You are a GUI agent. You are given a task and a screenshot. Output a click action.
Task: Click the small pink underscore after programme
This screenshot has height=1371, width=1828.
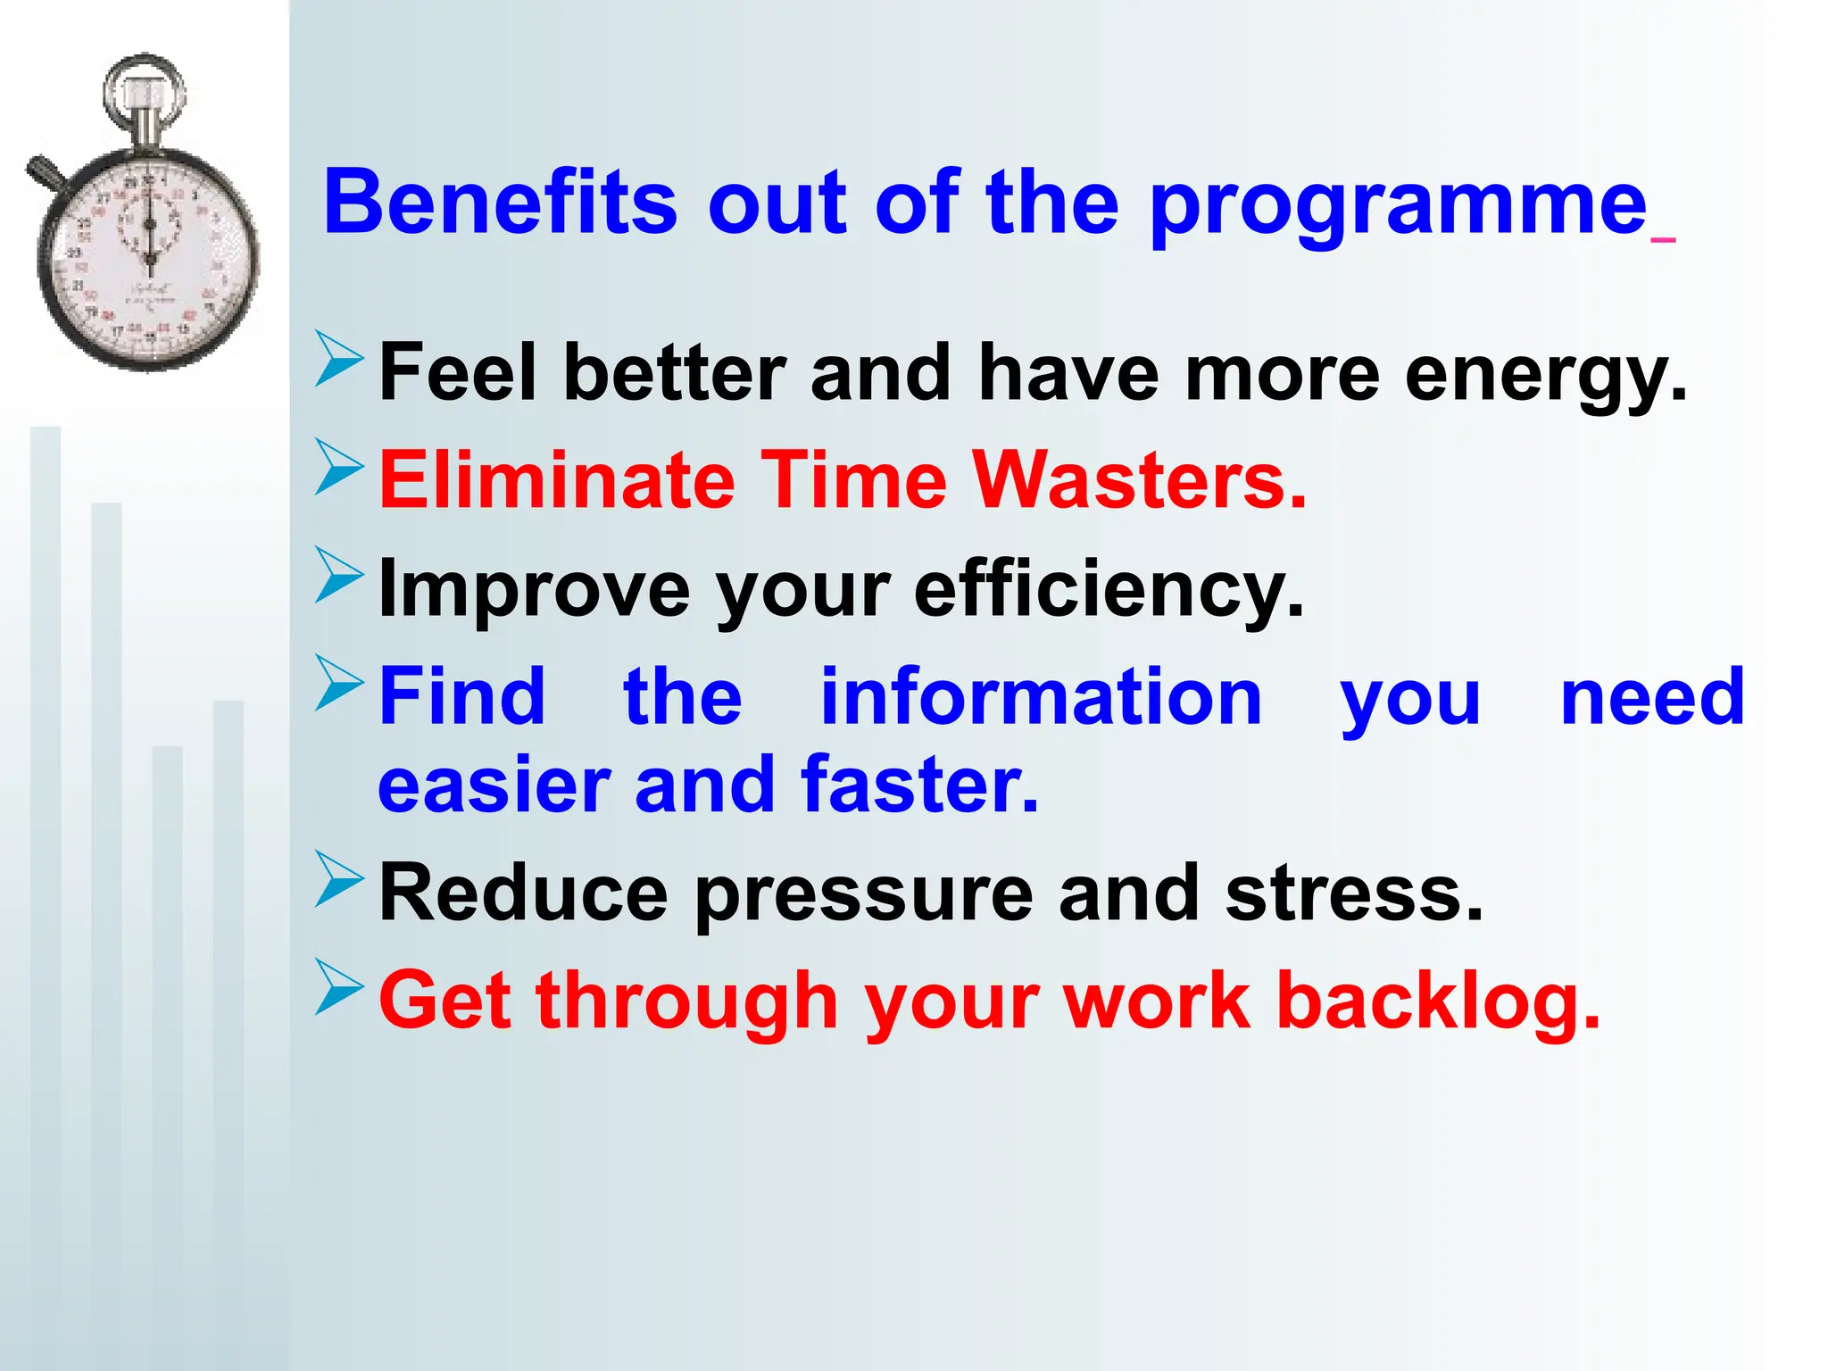pyautogui.click(x=1664, y=239)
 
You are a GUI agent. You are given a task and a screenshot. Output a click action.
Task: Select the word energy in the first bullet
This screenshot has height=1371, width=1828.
pyautogui.click(x=1544, y=376)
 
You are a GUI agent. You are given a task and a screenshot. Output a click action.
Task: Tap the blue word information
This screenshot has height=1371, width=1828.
pyautogui.click(x=1041, y=697)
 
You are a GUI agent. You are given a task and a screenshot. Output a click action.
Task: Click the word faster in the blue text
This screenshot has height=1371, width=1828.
pyautogui.click(x=919, y=785)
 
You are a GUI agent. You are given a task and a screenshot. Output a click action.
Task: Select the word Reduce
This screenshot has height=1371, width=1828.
pyautogui.click(x=523, y=893)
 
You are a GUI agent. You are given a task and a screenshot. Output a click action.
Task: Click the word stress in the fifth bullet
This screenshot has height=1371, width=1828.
pyautogui.click(x=1353, y=893)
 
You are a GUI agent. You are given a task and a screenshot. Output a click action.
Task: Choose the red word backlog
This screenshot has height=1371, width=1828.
pyautogui.click(x=1438, y=1001)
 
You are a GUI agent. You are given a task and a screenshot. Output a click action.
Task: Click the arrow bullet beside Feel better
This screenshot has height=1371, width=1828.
pyautogui.click(x=338, y=359)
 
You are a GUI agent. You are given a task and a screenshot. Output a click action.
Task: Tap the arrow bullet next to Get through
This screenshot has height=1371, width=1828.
pyautogui.click(x=338, y=988)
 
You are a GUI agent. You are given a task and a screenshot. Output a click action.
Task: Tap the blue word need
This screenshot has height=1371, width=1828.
pyautogui.click(x=1652, y=697)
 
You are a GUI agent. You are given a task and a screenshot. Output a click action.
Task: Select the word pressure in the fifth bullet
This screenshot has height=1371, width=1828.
pyautogui.click(x=863, y=895)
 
